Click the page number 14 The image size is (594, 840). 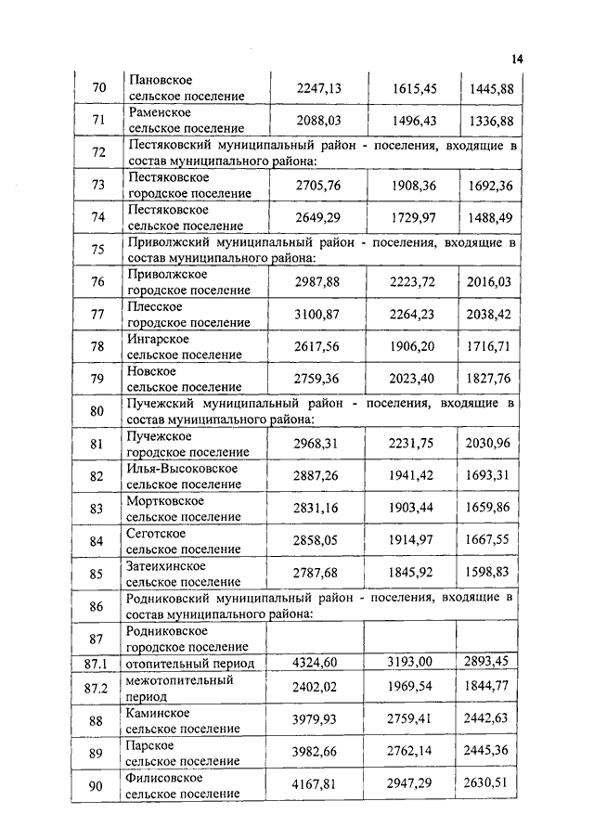pyautogui.click(x=517, y=59)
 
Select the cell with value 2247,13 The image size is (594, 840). pyautogui.click(x=319, y=88)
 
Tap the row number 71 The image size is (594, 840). pyautogui.click(x=99, y=122)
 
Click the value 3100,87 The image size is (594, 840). pyautogui.click(x=319, y=315)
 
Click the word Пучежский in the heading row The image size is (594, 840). pyautogui.click(x=159, y=404)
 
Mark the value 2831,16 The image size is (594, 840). pyautogui.click(x=319, y=509)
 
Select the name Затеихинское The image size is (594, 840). pyautogui.click(x=166, y=565)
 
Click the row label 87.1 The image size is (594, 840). pyautogui.click(x=96, y=663)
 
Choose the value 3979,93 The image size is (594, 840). pyautogui.click(x=319, y=720)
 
